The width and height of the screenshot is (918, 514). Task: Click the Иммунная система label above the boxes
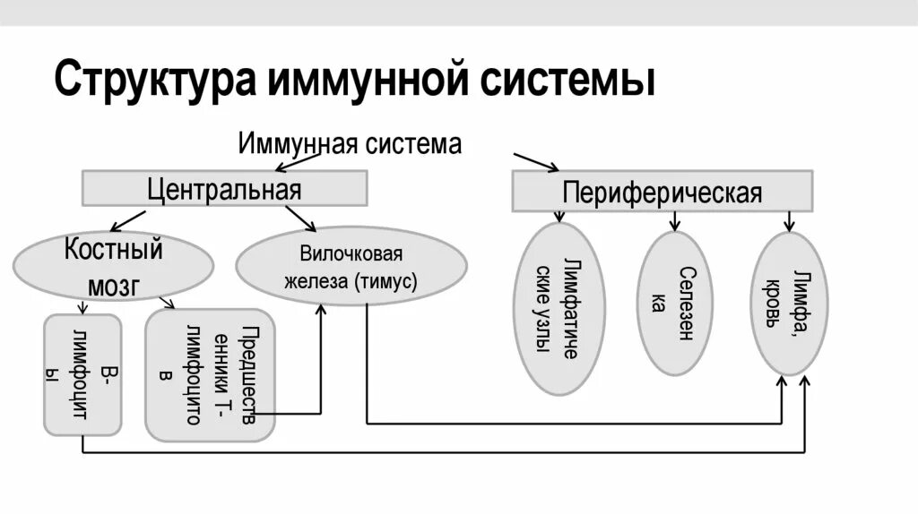[x=350, y=143]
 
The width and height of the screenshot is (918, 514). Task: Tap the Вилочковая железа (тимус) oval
[x=351, y=266]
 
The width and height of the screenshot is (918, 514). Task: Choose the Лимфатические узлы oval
[x=562, y=308]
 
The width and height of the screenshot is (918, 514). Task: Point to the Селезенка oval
[x=674, y=304]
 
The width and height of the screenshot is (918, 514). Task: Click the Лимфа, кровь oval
[x=789, y=304]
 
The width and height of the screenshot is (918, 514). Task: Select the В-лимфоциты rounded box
[x=83, y=374]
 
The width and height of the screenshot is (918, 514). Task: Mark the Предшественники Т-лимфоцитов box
[x=210, y=374]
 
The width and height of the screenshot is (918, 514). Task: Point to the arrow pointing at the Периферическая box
[x=535, y=161]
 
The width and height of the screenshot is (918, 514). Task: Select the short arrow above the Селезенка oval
[x=673, y=220]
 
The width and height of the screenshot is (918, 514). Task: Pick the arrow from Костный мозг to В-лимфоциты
[x=83, y=306]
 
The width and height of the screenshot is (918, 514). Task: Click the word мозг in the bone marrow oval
[x=113, y=285]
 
